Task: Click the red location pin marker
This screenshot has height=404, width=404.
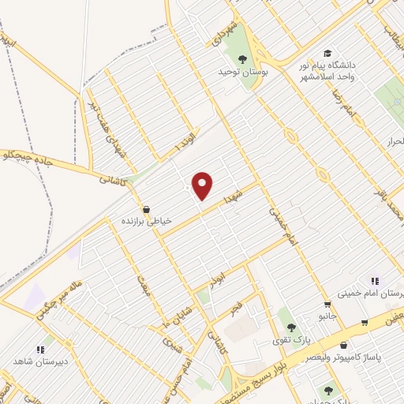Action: pos(203,184)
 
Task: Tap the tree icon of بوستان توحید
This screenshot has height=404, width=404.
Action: pos(243,58)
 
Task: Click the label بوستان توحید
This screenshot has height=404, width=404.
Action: pos(243,71)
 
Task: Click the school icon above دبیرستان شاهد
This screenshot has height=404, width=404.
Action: pos(39,350)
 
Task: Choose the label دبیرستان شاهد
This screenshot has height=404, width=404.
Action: pos(38,361)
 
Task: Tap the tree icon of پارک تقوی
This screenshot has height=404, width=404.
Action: pos(291,327)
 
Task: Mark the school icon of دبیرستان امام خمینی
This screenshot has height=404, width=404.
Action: pos(375,281)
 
